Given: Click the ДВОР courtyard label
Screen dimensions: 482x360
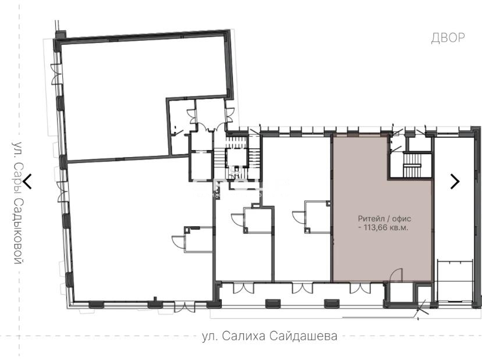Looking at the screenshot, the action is (x=448, y=37).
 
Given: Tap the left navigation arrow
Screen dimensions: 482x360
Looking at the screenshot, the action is (x=28, y=181).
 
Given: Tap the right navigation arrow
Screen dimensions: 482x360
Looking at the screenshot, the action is (x=455, y=181).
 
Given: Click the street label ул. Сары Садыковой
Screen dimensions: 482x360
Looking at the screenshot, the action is (x=18, y=203).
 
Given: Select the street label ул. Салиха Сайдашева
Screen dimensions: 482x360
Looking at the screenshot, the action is (x=270, y=336).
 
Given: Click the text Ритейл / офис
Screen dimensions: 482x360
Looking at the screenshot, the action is (x=384, y=219).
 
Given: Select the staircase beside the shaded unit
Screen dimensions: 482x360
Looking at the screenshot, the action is (x=412, y=165).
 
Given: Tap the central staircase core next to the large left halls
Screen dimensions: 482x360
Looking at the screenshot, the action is (x=236, y=158).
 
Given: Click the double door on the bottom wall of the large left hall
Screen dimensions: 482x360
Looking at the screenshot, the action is (x=185, y=307).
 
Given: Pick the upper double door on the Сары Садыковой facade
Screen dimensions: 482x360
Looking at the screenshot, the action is (x=56, y=74).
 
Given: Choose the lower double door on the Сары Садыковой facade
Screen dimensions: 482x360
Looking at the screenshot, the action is (x=62, y=191).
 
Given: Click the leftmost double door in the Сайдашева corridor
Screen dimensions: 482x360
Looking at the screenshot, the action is (x=244, y=288).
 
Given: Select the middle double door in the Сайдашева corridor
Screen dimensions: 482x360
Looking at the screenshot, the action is (x=302, y=288).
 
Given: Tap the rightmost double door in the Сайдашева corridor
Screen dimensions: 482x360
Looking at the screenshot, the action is (x=360, y=288).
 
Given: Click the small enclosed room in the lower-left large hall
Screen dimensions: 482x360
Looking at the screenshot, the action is (x=199, y=240).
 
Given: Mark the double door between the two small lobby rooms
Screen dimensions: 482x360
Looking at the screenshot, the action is (x=210, y=127).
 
